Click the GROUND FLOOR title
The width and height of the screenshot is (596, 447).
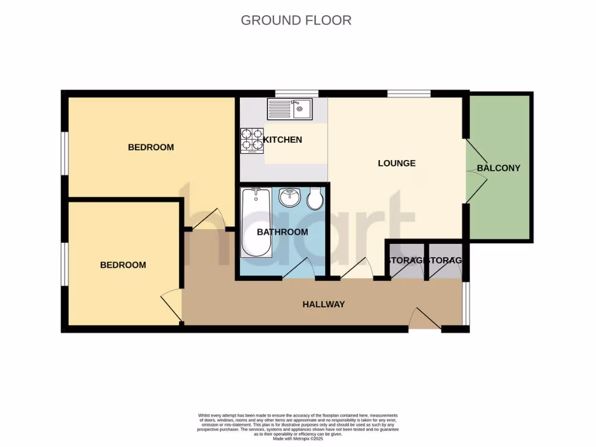pyautogui.click(x=296, y=20)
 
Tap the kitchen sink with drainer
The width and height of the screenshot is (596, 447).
pyautogui.click(x=289, y=109)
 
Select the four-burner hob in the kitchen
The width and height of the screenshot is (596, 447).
pyautogui.click(x=252, y=140)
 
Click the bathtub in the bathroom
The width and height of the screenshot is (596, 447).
pyautogui.click(x=256, y=222)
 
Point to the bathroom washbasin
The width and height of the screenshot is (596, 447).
pyautogui.click(x=289, y=197)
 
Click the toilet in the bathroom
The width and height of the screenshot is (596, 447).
pyautogui.click(x=315, y=198)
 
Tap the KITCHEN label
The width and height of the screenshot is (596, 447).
pyautogui.click(x=283, y=140)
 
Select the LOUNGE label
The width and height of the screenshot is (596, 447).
pyautogui.click(x=396, y=163)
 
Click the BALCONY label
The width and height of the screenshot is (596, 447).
pyautogui.click(x=498, y=168)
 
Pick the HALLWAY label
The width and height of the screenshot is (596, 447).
pyautogui.click(x=324, y=304)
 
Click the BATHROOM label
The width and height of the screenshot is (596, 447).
pyautogui.click(x=282, y=232)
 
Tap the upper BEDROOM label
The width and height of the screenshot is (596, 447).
pyautogui.click(x=151, y=147)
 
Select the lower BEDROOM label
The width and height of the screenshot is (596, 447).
pyautogui.click(x=123, y=265)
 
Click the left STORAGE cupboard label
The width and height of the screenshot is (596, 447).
pyautogui.click(x=406, y=260)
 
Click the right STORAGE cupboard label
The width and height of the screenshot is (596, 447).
pyautogui.click(x=445, y=260)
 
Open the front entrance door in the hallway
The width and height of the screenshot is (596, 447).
pyautogui.click(x=424, y=320)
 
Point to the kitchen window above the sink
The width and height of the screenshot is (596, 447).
pyautogui.click(x=296, y=93)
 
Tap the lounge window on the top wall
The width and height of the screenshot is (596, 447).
pyautogui.click(x=409, y=93)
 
